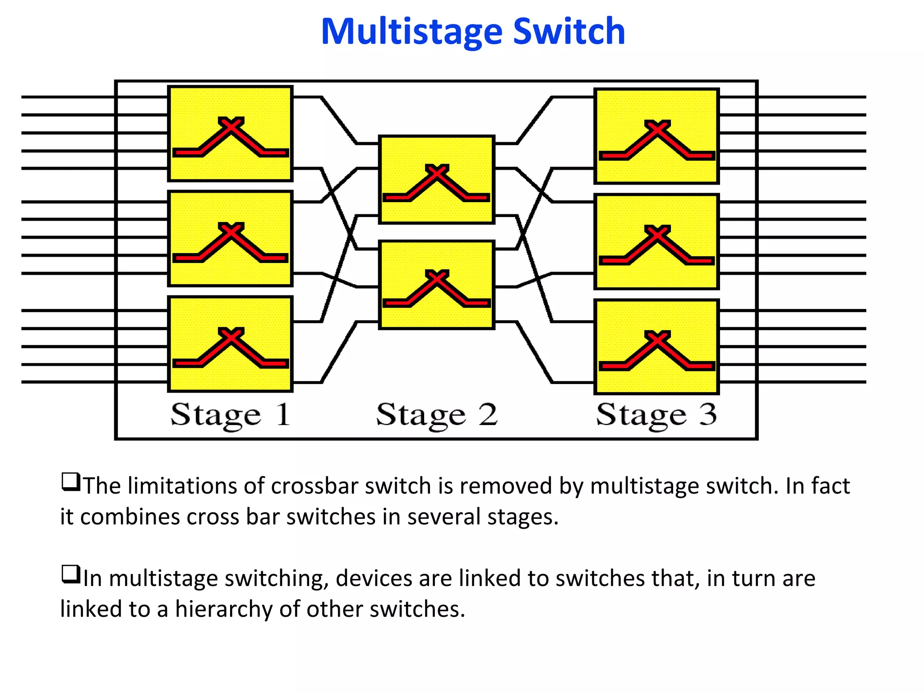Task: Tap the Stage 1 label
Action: click(x=230, y=415)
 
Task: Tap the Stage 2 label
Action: click(x=436, y=415)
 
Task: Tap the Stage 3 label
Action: click(x=656, y=415)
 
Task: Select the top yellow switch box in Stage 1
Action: click(x=230, y=134)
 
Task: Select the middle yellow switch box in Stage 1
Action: click(x=230, y=239)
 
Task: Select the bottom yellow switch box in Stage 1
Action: click(x=230, y=344)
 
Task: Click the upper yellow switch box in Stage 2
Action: click(x=436, y=180)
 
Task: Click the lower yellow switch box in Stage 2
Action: click(x=436, y=285)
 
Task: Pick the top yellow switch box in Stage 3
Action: click(x=656, y=136)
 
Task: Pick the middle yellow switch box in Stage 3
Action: click(x=656, y=242)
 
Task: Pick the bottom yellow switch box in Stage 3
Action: click(x=656, y=347)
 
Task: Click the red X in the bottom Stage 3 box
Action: click(x=657, y=339)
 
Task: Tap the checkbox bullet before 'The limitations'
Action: click(x=71, y=482)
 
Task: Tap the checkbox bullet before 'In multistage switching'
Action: click(x=71, y=574)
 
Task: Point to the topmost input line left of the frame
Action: click(x=68, y=97)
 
